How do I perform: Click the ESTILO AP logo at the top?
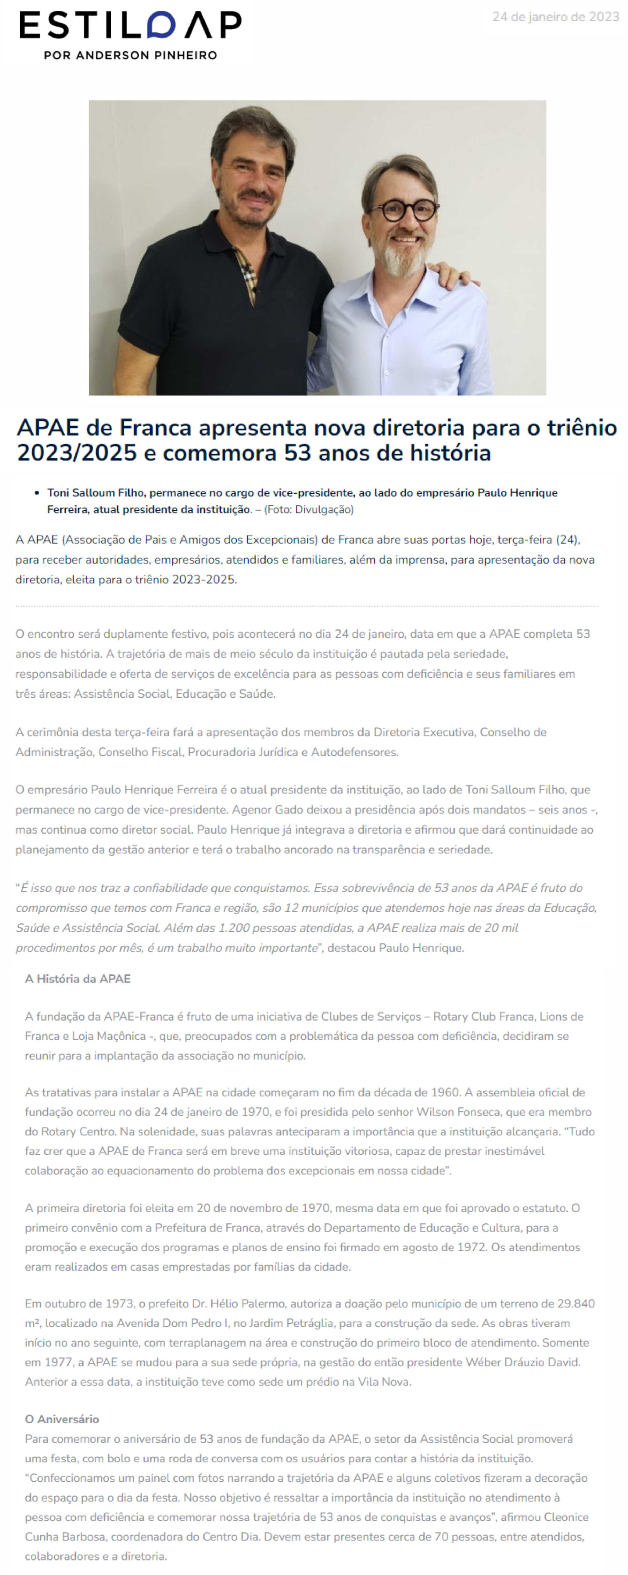(130, 26)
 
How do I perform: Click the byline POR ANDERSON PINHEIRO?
(130, 55)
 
